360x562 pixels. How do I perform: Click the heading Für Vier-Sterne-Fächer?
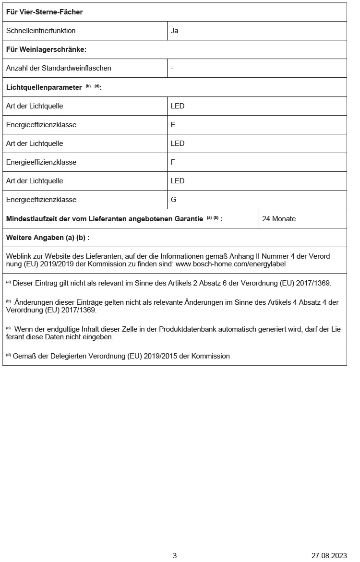44,12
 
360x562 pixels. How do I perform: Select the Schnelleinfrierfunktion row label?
41,31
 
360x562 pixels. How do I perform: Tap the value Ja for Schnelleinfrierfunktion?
175,31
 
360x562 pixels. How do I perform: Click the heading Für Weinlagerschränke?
46,49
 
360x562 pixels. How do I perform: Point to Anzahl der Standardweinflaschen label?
59,68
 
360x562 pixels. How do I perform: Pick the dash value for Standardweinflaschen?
172,69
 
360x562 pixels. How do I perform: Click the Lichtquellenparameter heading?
44,87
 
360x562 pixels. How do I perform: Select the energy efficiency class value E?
173,125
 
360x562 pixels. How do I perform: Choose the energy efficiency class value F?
173,162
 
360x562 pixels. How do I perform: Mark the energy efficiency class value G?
174,200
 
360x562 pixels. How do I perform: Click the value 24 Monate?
279,219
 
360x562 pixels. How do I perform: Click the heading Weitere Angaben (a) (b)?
48,238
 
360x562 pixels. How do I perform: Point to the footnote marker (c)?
8,328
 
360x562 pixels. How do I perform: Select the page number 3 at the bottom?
175,556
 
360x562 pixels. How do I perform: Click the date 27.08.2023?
329,556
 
